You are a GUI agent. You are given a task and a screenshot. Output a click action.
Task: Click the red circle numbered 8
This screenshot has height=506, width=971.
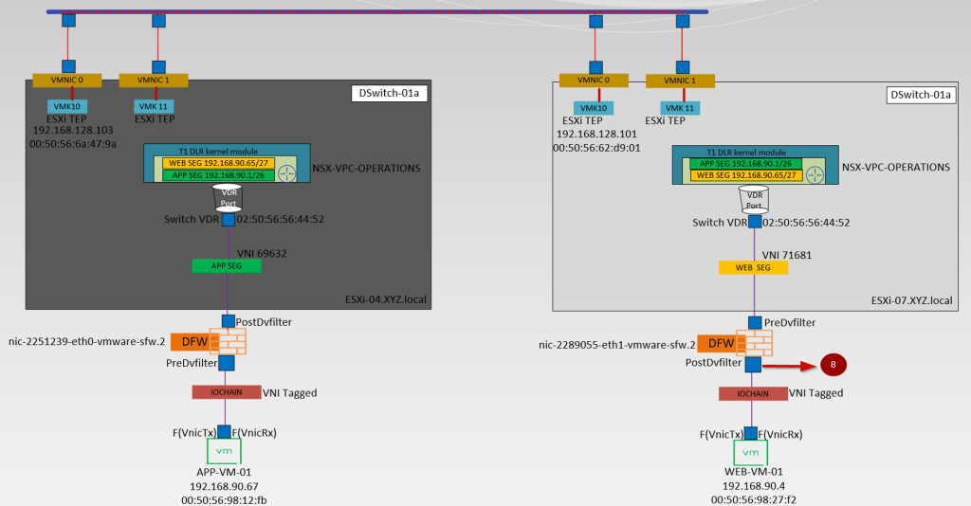832,364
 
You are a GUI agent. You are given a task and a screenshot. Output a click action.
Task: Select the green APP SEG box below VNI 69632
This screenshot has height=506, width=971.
226,266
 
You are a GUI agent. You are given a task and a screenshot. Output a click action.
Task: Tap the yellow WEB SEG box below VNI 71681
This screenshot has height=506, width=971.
753,268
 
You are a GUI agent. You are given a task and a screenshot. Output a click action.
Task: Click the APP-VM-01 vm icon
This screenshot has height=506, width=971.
226,450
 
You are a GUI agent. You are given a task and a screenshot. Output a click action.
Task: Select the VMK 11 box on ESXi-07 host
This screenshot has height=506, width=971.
680,108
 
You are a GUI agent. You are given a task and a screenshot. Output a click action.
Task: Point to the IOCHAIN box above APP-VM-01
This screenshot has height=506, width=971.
226,391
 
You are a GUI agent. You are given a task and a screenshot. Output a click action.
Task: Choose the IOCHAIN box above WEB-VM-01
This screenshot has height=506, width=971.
752,393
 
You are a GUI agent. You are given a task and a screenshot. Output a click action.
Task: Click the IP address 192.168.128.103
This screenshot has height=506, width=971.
73,131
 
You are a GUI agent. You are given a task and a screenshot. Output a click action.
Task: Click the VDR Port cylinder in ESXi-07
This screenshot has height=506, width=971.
754,199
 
